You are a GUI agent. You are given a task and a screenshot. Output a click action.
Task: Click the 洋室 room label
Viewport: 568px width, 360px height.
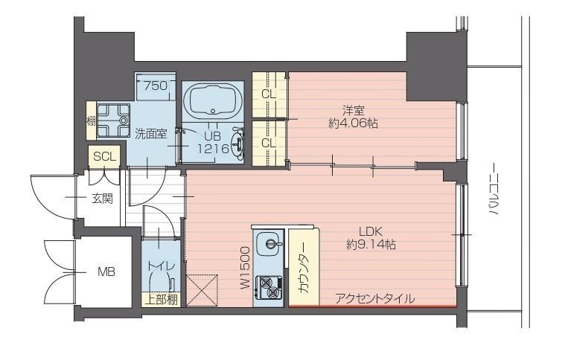click(x=353, y=109)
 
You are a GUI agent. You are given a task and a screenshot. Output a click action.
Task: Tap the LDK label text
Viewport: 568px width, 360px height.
click(x=371, y=231)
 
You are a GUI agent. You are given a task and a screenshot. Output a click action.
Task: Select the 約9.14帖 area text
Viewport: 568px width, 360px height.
click(x=371, y=245)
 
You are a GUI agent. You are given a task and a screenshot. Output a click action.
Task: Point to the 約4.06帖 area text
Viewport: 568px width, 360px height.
click(x=353, y=123)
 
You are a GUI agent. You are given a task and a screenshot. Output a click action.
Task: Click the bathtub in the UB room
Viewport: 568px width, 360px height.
click(x=213, y=100)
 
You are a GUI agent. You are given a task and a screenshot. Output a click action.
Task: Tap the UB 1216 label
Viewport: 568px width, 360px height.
click(x=213, y=142)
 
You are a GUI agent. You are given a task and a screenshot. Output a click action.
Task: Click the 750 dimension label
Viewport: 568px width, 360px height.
click(x=156, y=86)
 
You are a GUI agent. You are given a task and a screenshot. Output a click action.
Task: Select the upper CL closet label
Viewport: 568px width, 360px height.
click(x=269, y=94)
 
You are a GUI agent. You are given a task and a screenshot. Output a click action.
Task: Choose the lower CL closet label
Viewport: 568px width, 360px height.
click(x=269, y=144)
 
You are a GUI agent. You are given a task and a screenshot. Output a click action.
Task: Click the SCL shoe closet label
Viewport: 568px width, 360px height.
click(x=105, y=156)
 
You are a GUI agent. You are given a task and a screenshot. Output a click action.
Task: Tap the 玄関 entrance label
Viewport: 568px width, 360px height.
click(x=102, y=199)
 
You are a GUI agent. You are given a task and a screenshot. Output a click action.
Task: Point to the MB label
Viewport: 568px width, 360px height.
click(x=106, y=271)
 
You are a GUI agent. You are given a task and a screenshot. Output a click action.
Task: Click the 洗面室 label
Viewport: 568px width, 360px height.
click(x=150, y=134)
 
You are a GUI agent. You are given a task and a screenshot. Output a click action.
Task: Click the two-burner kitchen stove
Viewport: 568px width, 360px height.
click(x=269, y=286)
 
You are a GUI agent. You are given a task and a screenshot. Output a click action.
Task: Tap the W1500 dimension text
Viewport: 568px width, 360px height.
click(x=245, y=267)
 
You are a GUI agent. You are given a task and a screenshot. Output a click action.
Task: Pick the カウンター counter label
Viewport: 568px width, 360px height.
click(x=304, y=267)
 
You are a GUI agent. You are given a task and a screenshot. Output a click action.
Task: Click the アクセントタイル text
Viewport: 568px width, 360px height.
click(x=375, y=299)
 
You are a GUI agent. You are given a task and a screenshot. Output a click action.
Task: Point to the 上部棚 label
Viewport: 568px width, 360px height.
click(x=162, y=300)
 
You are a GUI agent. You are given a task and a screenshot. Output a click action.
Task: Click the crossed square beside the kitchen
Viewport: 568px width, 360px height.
click(x=202, y=291)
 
